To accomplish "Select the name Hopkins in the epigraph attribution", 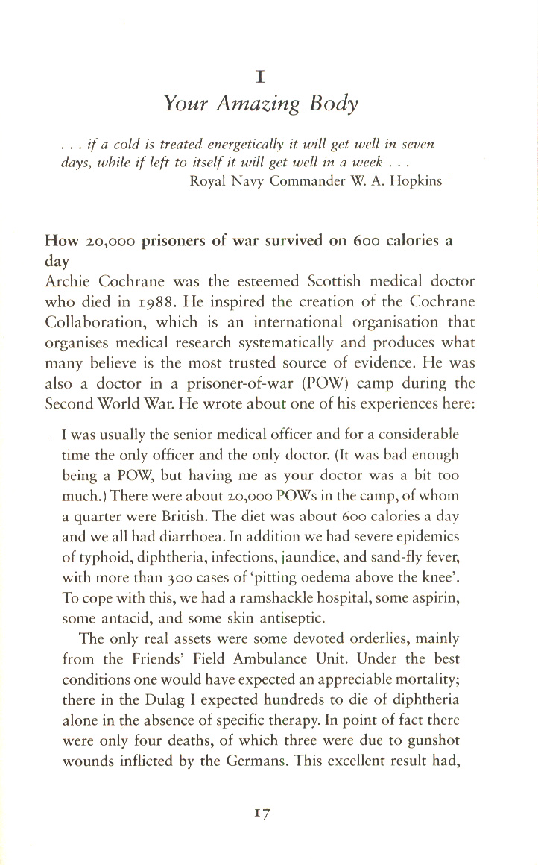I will point(412,181).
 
